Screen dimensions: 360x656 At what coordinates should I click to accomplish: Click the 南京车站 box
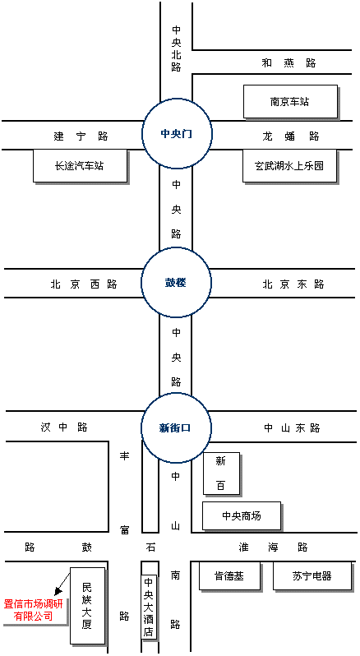point(290,101)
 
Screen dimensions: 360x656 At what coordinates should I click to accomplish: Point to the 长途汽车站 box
point(80,166)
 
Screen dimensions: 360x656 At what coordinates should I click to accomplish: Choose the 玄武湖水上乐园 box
point(290,166)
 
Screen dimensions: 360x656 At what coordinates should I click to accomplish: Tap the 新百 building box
point(221,474)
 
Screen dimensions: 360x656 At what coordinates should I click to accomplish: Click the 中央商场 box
point(242,516)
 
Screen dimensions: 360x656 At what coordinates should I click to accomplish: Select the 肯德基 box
point(229,575)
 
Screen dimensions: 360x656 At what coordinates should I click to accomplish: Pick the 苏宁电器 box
point(312,575)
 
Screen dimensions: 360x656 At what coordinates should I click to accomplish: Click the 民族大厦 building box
point(87,606)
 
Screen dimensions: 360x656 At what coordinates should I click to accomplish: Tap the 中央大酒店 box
point(149,607)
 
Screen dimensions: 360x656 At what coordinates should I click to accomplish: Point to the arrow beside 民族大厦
point(62,582)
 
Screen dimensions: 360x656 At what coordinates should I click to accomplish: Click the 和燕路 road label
point(289,63)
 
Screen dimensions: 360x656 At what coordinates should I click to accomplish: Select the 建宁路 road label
point(81,136)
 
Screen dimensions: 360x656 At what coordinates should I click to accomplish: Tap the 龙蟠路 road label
point(291,136)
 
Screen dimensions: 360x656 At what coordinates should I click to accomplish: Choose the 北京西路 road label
point(84,284)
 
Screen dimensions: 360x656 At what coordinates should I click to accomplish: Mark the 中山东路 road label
point(292,428)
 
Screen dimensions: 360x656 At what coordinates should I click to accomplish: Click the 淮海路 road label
point(274,547)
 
